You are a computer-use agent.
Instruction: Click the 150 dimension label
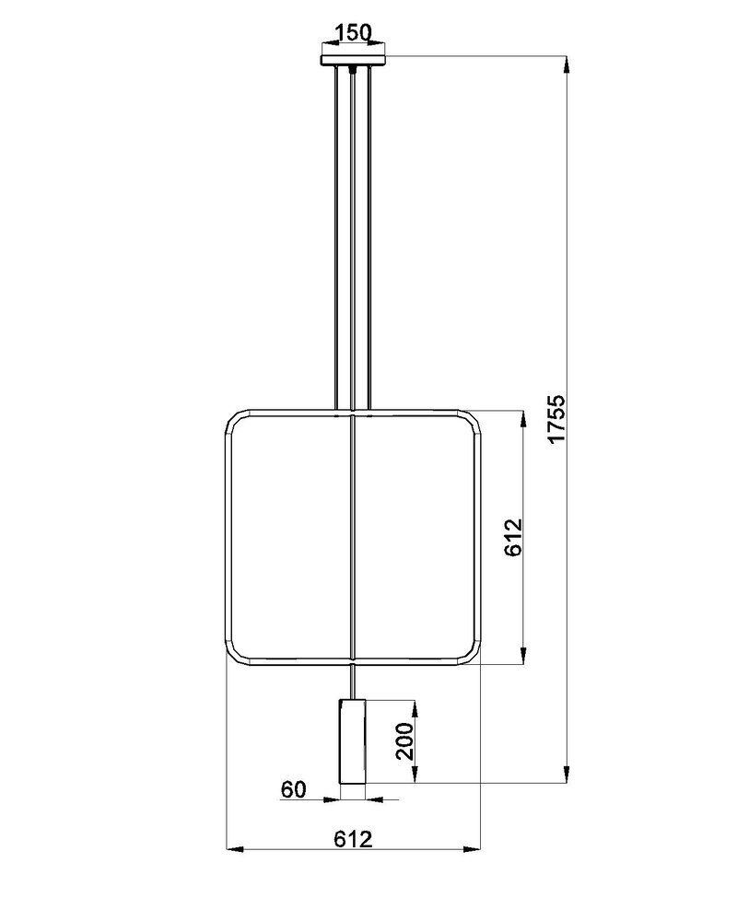[353, 34]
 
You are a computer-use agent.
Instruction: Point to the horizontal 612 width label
[352, 839]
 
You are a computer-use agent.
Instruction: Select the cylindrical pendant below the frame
[353, 742]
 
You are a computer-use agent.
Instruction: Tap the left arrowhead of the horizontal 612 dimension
[234, 848]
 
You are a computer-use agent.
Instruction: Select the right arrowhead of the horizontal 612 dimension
[474, 848]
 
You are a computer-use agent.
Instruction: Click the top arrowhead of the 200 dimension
[415, 706]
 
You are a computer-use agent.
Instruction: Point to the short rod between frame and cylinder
[353, 682]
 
